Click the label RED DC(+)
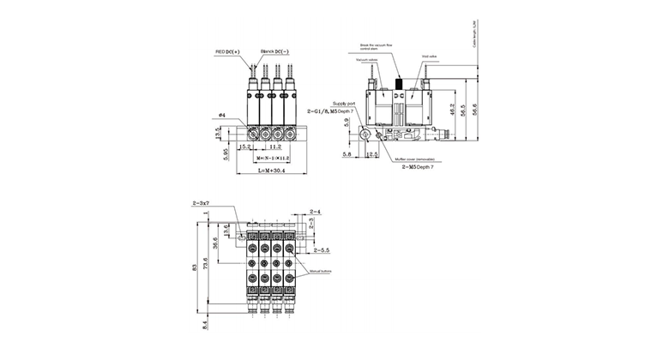(228, 52)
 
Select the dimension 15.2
(244, 147)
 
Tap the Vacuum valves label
(366, 59)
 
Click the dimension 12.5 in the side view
(372, 154)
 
